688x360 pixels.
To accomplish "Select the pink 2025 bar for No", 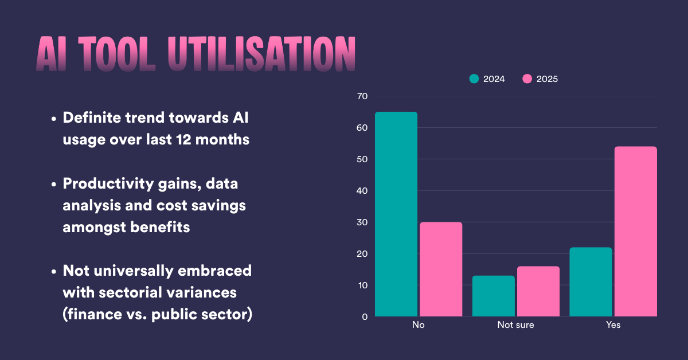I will tap(440, 269).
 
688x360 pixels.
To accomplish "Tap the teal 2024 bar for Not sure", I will tap(493, 296).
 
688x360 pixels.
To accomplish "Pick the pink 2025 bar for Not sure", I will tap(538, 291).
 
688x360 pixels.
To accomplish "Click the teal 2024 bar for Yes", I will tap(591, 281).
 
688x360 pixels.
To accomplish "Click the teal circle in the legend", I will tap(474, 79).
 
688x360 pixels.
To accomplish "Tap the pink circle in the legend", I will tap(527, 79).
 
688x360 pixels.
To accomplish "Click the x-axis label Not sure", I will tap(515, 326).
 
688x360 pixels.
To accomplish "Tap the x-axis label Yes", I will tap(613, 326).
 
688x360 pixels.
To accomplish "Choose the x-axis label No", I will tap(418, 326).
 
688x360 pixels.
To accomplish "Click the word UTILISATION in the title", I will tap(261, 56).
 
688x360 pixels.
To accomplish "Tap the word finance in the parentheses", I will tap(94, 315).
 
